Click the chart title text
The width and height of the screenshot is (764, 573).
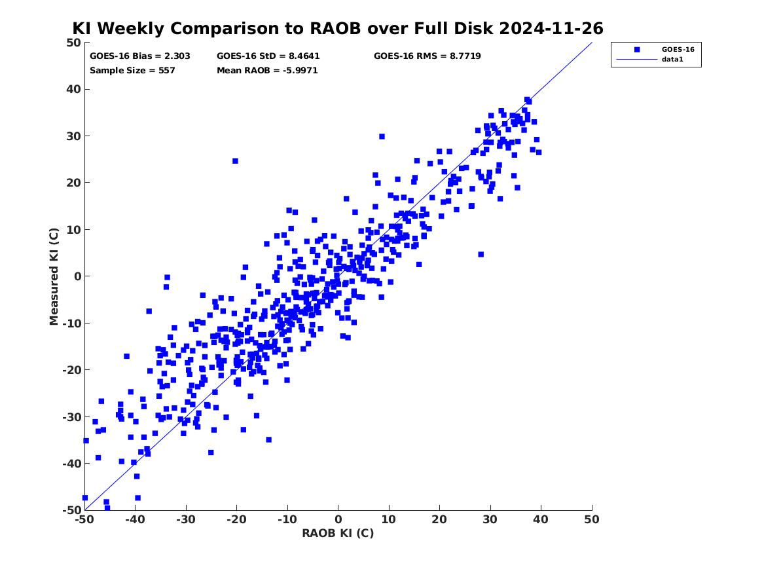[x=338, y=29]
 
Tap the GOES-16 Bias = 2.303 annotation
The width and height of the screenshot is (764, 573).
[x=139, y=56]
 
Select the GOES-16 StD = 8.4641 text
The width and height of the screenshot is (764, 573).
[x=268, y=56]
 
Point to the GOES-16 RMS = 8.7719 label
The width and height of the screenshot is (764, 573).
[x=427, y=56]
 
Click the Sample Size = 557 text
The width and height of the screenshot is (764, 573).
[x=132, y=71]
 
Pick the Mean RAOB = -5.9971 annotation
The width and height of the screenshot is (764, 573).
[x=267, y=71]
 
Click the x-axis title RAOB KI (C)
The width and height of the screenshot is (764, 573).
[x=338, y=534]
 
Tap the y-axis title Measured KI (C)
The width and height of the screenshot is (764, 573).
[x=54, y=276]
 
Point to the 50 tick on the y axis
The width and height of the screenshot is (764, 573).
[x=73, y=43]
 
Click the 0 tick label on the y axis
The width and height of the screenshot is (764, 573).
[x=77, y=276]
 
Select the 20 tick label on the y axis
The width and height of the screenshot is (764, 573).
[x=73, y=183]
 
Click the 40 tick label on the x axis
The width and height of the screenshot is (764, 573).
[x=541, y=519]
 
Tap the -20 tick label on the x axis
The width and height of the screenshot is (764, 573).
[x=236, y=519]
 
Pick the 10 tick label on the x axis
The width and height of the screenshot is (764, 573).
[x=389, y=519]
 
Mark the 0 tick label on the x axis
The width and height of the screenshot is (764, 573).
[x=338, y=519]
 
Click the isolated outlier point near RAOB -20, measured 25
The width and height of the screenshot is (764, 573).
[x=235, y=161]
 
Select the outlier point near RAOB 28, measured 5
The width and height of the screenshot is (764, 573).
[x=481, y=254]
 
